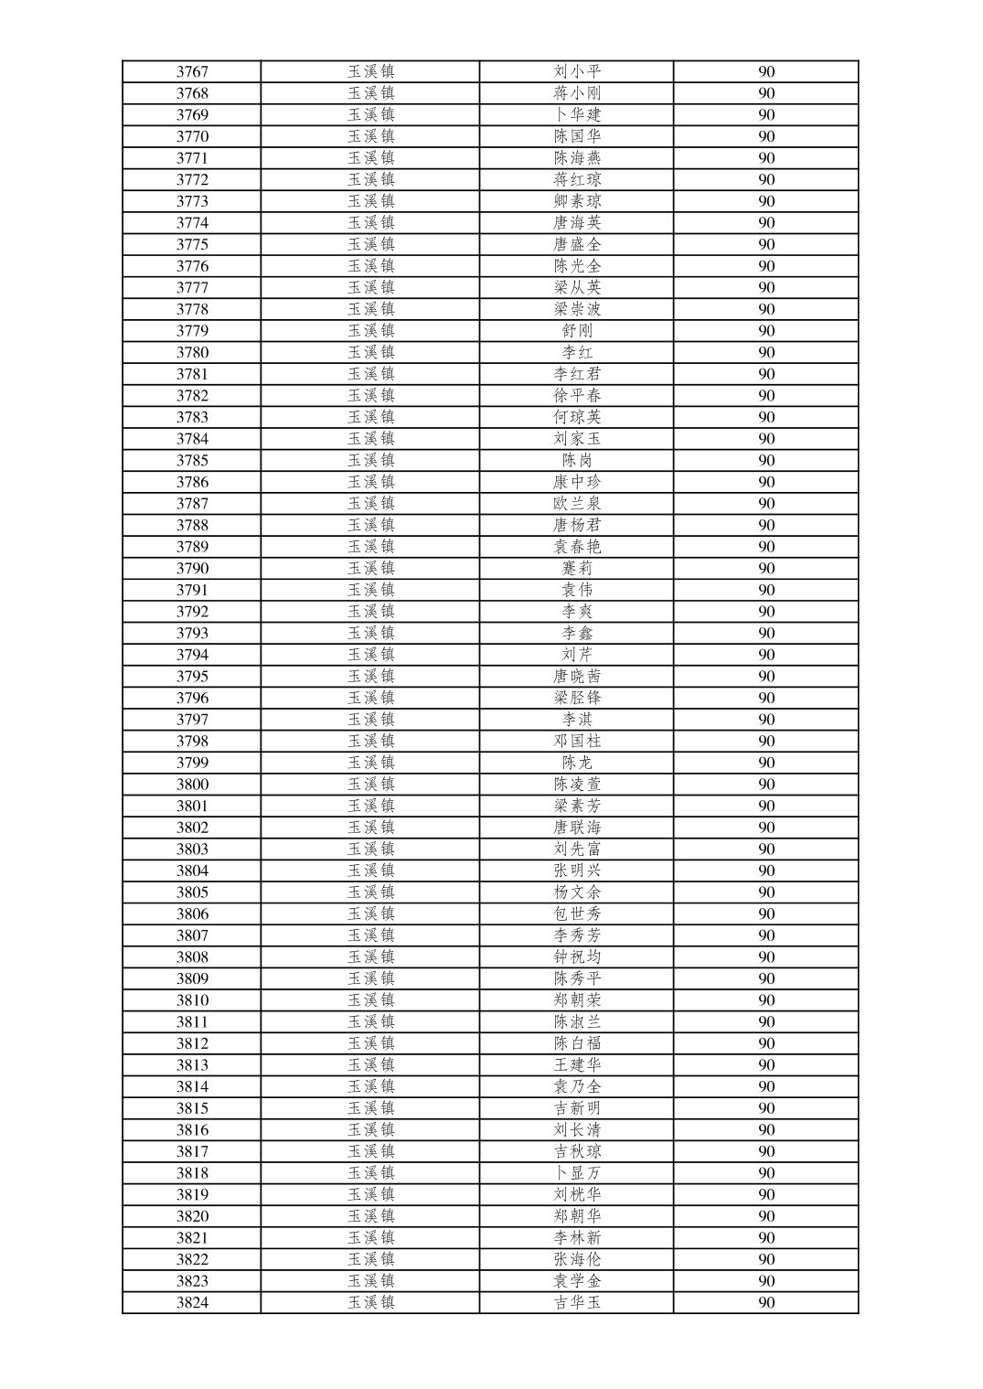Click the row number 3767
192,71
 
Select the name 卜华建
577,114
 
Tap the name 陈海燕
577,158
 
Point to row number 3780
192,352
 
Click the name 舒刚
577,331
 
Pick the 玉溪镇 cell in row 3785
370,460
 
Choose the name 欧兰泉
577,504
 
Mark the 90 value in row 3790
766,568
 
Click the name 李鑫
577,633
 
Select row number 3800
192,785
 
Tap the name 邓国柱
577,741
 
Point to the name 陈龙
577,763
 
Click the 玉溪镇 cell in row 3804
370,871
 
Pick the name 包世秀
577,914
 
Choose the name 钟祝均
577,957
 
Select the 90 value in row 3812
766,1043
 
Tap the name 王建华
577,1065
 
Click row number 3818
192,1173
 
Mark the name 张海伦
577,1259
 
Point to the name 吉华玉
577,1303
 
